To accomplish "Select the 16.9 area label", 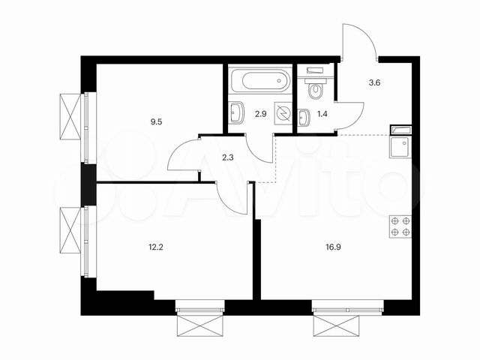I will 331,242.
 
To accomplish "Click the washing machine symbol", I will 282,113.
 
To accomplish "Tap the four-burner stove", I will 400,226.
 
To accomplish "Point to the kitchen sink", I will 400,144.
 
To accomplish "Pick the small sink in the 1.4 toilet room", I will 304,118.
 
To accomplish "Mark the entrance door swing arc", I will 357,45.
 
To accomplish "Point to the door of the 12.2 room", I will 231,199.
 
